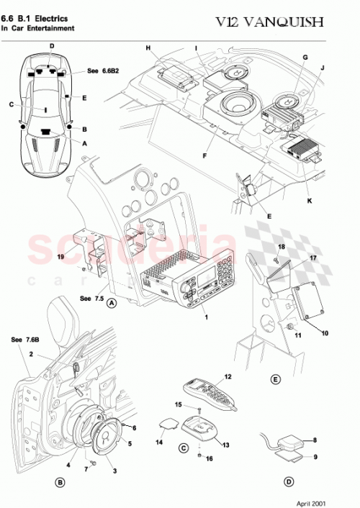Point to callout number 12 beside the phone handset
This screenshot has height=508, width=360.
(x=228, y=377)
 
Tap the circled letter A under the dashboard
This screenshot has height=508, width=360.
(x=111, y=303)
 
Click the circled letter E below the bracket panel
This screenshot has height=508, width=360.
(x=274, y=378)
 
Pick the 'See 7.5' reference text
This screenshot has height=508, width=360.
(x=91, y=297)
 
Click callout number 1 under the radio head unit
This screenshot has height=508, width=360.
(x=205, y=317)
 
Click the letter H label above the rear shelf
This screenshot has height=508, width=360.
(x=148, y=48)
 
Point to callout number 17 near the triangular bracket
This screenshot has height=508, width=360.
(x=313, y=258)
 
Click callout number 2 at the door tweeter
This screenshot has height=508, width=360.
(x=32, y=354)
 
